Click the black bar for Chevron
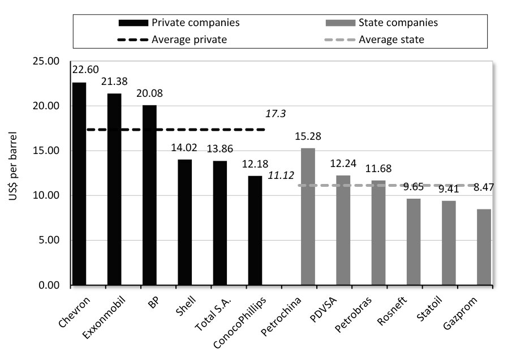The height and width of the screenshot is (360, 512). pyautogui.click(x=79, y=184)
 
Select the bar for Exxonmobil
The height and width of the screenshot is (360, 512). pyautogui.click(x=114, y=189)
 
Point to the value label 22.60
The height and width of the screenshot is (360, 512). pyautogui.click(x=85, y=70)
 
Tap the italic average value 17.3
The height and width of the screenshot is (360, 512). pyautogui.click(x=276, y=114)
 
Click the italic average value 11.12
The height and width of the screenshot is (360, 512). pyautogui.click(x=281, y=176)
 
